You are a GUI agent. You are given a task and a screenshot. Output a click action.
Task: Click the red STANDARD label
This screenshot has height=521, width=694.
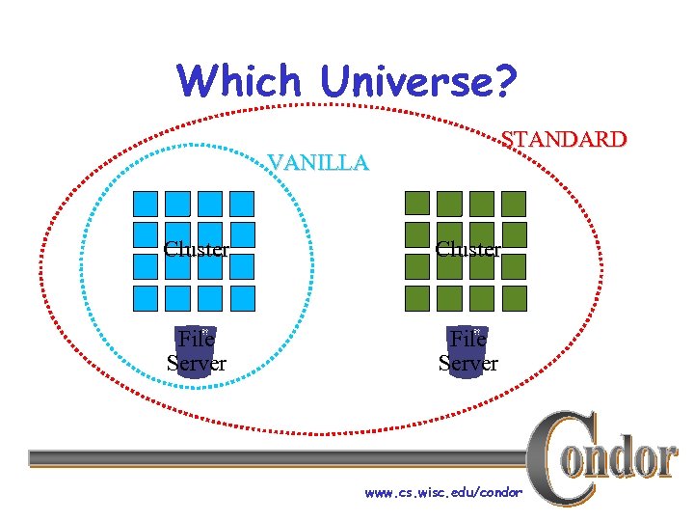(566, 139)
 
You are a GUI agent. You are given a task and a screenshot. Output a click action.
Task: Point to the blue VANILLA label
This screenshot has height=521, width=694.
(318, 162)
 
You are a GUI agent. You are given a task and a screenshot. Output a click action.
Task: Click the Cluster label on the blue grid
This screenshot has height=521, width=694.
(196, 249)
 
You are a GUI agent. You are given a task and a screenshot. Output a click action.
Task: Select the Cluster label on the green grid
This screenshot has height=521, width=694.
(467, 249)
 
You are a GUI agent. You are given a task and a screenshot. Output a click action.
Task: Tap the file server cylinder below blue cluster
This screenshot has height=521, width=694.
(197, 351)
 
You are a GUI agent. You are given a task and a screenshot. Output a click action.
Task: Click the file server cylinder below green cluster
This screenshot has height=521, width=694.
(468, 351)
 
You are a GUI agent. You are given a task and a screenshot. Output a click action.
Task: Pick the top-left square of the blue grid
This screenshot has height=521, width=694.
(146, 203)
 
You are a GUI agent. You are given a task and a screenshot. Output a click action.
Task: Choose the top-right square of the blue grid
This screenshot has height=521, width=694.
(242, 203)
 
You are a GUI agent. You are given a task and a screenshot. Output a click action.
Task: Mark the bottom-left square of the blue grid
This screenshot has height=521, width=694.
(146, 297)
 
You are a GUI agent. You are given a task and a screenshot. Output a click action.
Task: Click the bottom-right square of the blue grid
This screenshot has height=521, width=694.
(242, 297)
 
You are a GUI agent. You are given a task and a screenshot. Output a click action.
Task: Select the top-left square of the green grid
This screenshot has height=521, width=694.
(417, 203)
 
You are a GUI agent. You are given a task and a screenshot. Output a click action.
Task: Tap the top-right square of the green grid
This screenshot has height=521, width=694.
(514, 203)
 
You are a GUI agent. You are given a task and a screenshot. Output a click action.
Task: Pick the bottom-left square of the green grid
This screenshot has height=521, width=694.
(417, 297)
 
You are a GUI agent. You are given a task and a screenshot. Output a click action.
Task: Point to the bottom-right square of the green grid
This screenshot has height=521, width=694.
(514, 297)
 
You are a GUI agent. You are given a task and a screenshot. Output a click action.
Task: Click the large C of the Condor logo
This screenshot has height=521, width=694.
(559, 458)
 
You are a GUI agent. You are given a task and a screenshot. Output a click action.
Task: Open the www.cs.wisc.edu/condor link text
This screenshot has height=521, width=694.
(443, 493)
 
